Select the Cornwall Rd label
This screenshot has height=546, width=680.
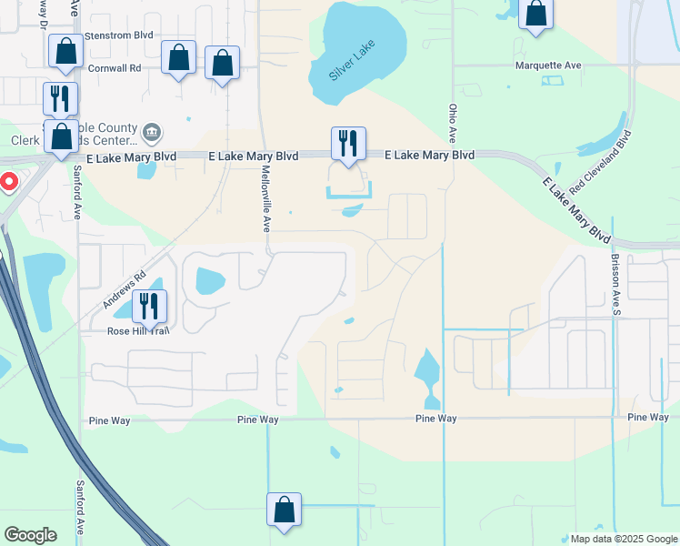(x=115, y=67)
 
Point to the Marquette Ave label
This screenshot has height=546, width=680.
(x=547, y=66)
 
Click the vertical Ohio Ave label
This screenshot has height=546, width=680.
(x=452, y=122)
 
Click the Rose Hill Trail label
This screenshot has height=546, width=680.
(x=138, y=330)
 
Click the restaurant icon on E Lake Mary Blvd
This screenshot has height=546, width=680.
(x=348, y=143)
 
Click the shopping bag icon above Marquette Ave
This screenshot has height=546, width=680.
(x=535, y=13)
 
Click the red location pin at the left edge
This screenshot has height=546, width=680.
(x=9, y=182)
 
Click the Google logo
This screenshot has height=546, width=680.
(x=30, y=535)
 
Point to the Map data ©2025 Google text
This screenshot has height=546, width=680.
(x=622, y=539)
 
